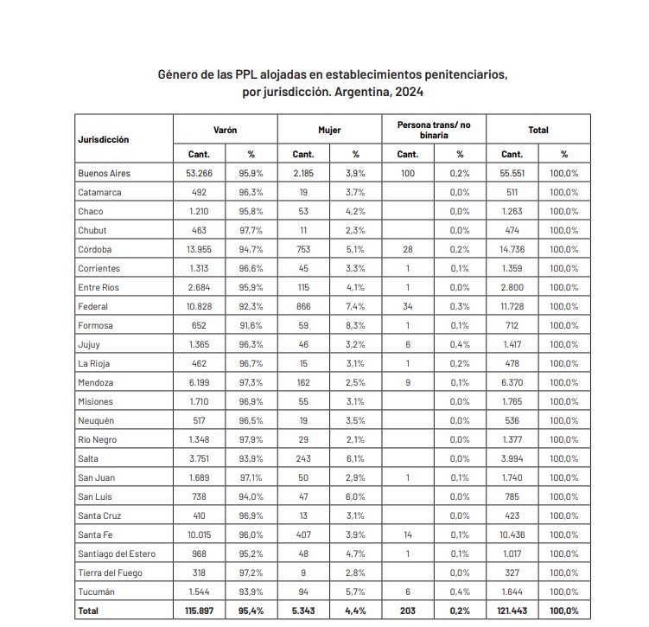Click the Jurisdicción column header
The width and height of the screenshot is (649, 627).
click(104, 138)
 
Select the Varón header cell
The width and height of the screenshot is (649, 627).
click(225, 130)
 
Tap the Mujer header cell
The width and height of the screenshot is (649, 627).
click(329, 130)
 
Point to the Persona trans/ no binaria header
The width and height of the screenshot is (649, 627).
click(434, 130)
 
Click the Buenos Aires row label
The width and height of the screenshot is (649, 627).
click(104, 173)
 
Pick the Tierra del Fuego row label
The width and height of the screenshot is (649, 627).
click(110, 573)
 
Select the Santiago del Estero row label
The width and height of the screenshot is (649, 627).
click(117, 553)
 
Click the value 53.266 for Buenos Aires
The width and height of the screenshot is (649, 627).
click(199, 173)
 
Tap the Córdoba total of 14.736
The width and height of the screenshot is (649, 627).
click(512, 249)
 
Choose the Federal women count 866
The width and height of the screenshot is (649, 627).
click(303, 306)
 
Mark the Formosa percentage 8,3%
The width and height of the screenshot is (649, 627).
click(355, 325)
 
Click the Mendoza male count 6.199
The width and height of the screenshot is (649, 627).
click(199, 382)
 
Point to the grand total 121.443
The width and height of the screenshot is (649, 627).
click(512, 611)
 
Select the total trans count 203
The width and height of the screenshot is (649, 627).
click(408, 611)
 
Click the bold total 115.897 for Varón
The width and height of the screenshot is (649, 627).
click(199, 611)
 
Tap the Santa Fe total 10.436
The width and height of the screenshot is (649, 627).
click(512, 534)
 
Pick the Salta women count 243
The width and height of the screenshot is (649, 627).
click(303, 458)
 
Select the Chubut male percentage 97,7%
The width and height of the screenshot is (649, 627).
click(251, 230)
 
